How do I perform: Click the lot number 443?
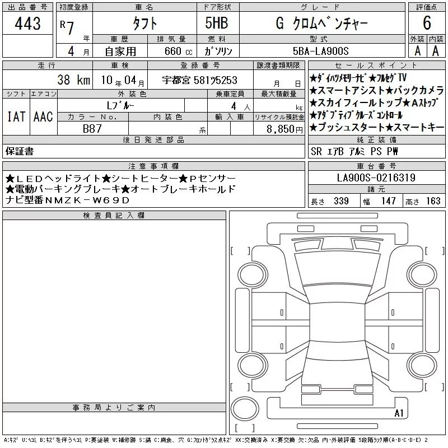27,24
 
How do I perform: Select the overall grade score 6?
427,23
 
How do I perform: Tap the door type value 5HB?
217,23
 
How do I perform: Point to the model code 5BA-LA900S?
320,51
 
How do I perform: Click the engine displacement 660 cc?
178,52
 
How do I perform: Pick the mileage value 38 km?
74,80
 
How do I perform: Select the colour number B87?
92,129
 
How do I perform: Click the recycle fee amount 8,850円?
284,129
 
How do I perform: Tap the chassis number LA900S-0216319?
376,178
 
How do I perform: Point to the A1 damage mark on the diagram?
399,413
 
